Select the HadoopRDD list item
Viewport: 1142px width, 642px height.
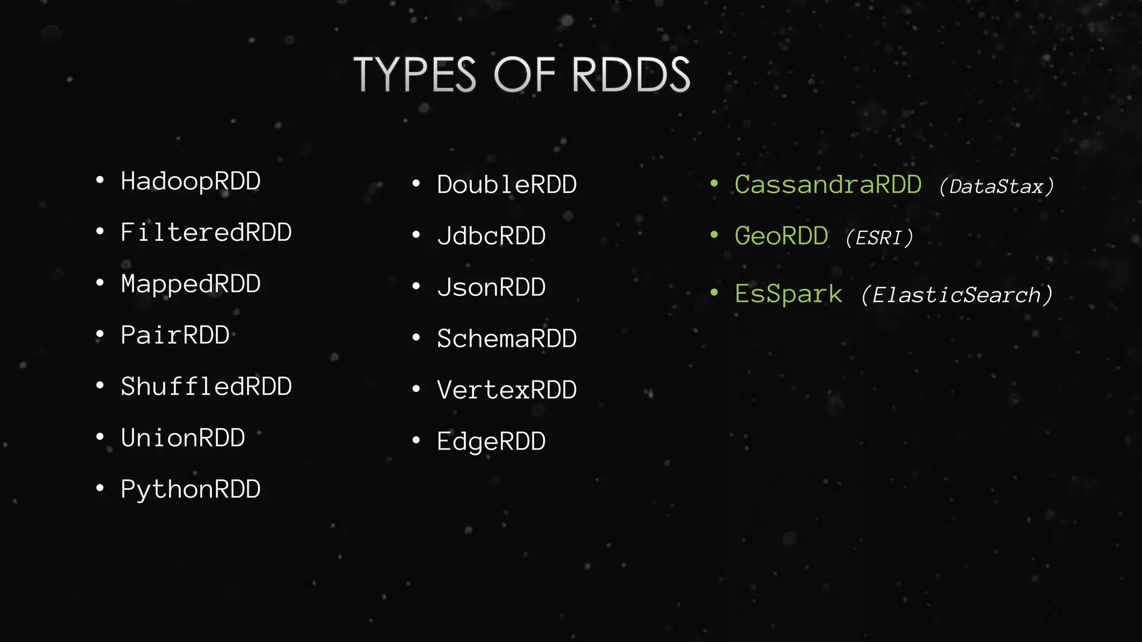(x=191, y=181)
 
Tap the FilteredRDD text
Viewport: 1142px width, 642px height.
(x=206, y=232)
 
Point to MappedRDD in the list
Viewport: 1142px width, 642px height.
(x=191, y=284)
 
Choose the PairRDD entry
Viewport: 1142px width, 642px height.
(x=175, y=335)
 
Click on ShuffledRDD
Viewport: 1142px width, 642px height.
(x=206, y=387)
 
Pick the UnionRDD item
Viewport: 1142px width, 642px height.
(x=183, y=438)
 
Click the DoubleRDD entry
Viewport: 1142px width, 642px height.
(x=507, y=184)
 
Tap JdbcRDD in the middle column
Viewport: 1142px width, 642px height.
(x=491, y=236)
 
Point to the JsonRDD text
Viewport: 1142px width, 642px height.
(x=491, y=288)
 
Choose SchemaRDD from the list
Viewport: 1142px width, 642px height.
(x=507, y=339)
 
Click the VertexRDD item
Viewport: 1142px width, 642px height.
(x=507, y=390)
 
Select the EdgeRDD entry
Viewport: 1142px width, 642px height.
(x=491, y=441)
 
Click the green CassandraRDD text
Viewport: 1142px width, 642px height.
(x=828, y=184)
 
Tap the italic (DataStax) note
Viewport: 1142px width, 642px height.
(x=996, y=187)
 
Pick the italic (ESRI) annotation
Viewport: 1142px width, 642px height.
(x=879, y=238)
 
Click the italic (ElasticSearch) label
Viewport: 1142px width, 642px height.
(x=957, y=295)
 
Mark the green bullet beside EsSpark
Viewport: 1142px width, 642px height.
(x=714, y=292)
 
